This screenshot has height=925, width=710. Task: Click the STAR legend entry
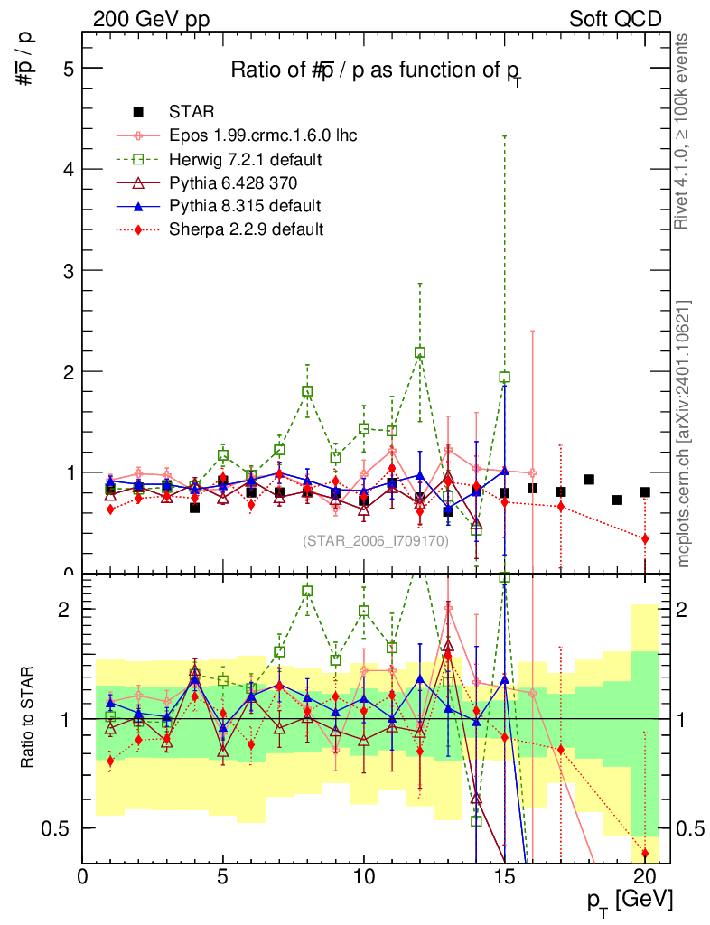coord(191,113)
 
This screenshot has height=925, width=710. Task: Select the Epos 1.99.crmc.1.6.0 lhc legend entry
coord(262,136)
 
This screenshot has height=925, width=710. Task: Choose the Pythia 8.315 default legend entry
coord(244,206)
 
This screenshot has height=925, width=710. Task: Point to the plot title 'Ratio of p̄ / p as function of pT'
coord(376,71)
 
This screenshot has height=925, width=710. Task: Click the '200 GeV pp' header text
coord(151,19)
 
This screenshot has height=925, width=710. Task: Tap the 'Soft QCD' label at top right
coord(614,19)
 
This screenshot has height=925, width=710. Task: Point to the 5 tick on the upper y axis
coord(69,69)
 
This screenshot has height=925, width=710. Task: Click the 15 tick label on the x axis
coord(504,876)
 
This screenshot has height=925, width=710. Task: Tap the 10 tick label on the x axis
coord(364,876)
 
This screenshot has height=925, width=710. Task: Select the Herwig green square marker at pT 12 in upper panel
coord(420,352)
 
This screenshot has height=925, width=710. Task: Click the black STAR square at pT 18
coord(589,480)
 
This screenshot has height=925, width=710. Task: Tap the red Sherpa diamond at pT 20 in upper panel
coord(645,538)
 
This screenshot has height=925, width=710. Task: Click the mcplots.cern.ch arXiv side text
coord(684,434)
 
